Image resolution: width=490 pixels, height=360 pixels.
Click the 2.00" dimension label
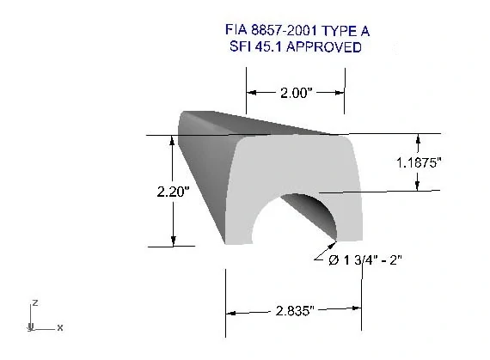click(x=296, y=93)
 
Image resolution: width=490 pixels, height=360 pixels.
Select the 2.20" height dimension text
click(x=173, y=192)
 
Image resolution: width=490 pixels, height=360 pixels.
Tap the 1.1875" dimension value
click(x=419, y=162)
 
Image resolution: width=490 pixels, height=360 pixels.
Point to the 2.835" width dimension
click(x=294, y=311)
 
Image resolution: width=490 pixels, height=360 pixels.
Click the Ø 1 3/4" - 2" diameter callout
click(x=365, y=259)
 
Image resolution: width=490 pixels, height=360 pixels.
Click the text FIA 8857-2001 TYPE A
click(x=297, y=31)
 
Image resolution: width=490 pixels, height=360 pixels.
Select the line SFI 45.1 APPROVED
click(x=296, y=46)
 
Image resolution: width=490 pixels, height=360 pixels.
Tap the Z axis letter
click(x=35, y=302)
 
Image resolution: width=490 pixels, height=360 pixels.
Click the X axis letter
click(x=60, y=328)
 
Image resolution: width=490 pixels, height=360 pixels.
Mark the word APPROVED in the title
click(x=324, y=46)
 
